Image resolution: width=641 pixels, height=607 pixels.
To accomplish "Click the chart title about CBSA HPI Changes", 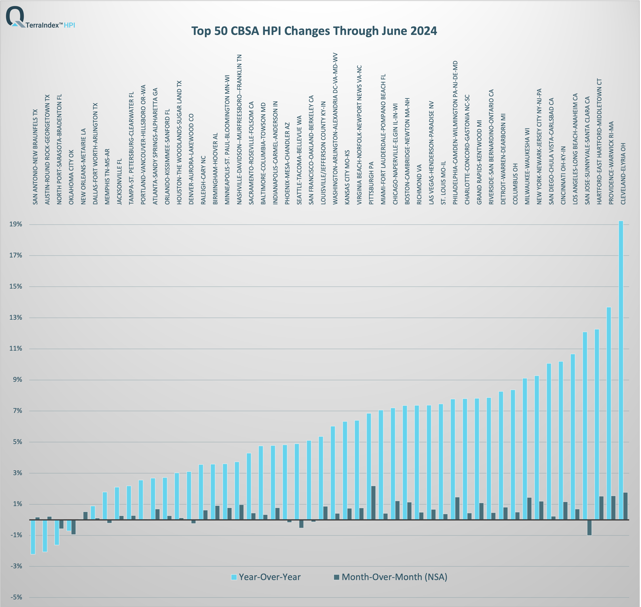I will (x=314, y=31).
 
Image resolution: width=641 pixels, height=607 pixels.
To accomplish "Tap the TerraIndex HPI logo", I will (x=40, y=18).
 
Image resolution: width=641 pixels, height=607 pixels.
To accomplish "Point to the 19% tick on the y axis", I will (x=16, y=224).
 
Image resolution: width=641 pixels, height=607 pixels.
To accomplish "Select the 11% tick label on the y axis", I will (x=16, y=348).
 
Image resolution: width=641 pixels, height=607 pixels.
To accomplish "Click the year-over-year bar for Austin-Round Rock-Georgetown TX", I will (x=45, y=536).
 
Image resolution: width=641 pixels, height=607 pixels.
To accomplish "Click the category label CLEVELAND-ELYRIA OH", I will (x=623, y=174).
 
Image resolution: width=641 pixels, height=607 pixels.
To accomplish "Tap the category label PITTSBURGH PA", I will (x=371, y=183).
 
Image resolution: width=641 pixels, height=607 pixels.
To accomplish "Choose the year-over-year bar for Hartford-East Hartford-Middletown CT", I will (x=597, y=424).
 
